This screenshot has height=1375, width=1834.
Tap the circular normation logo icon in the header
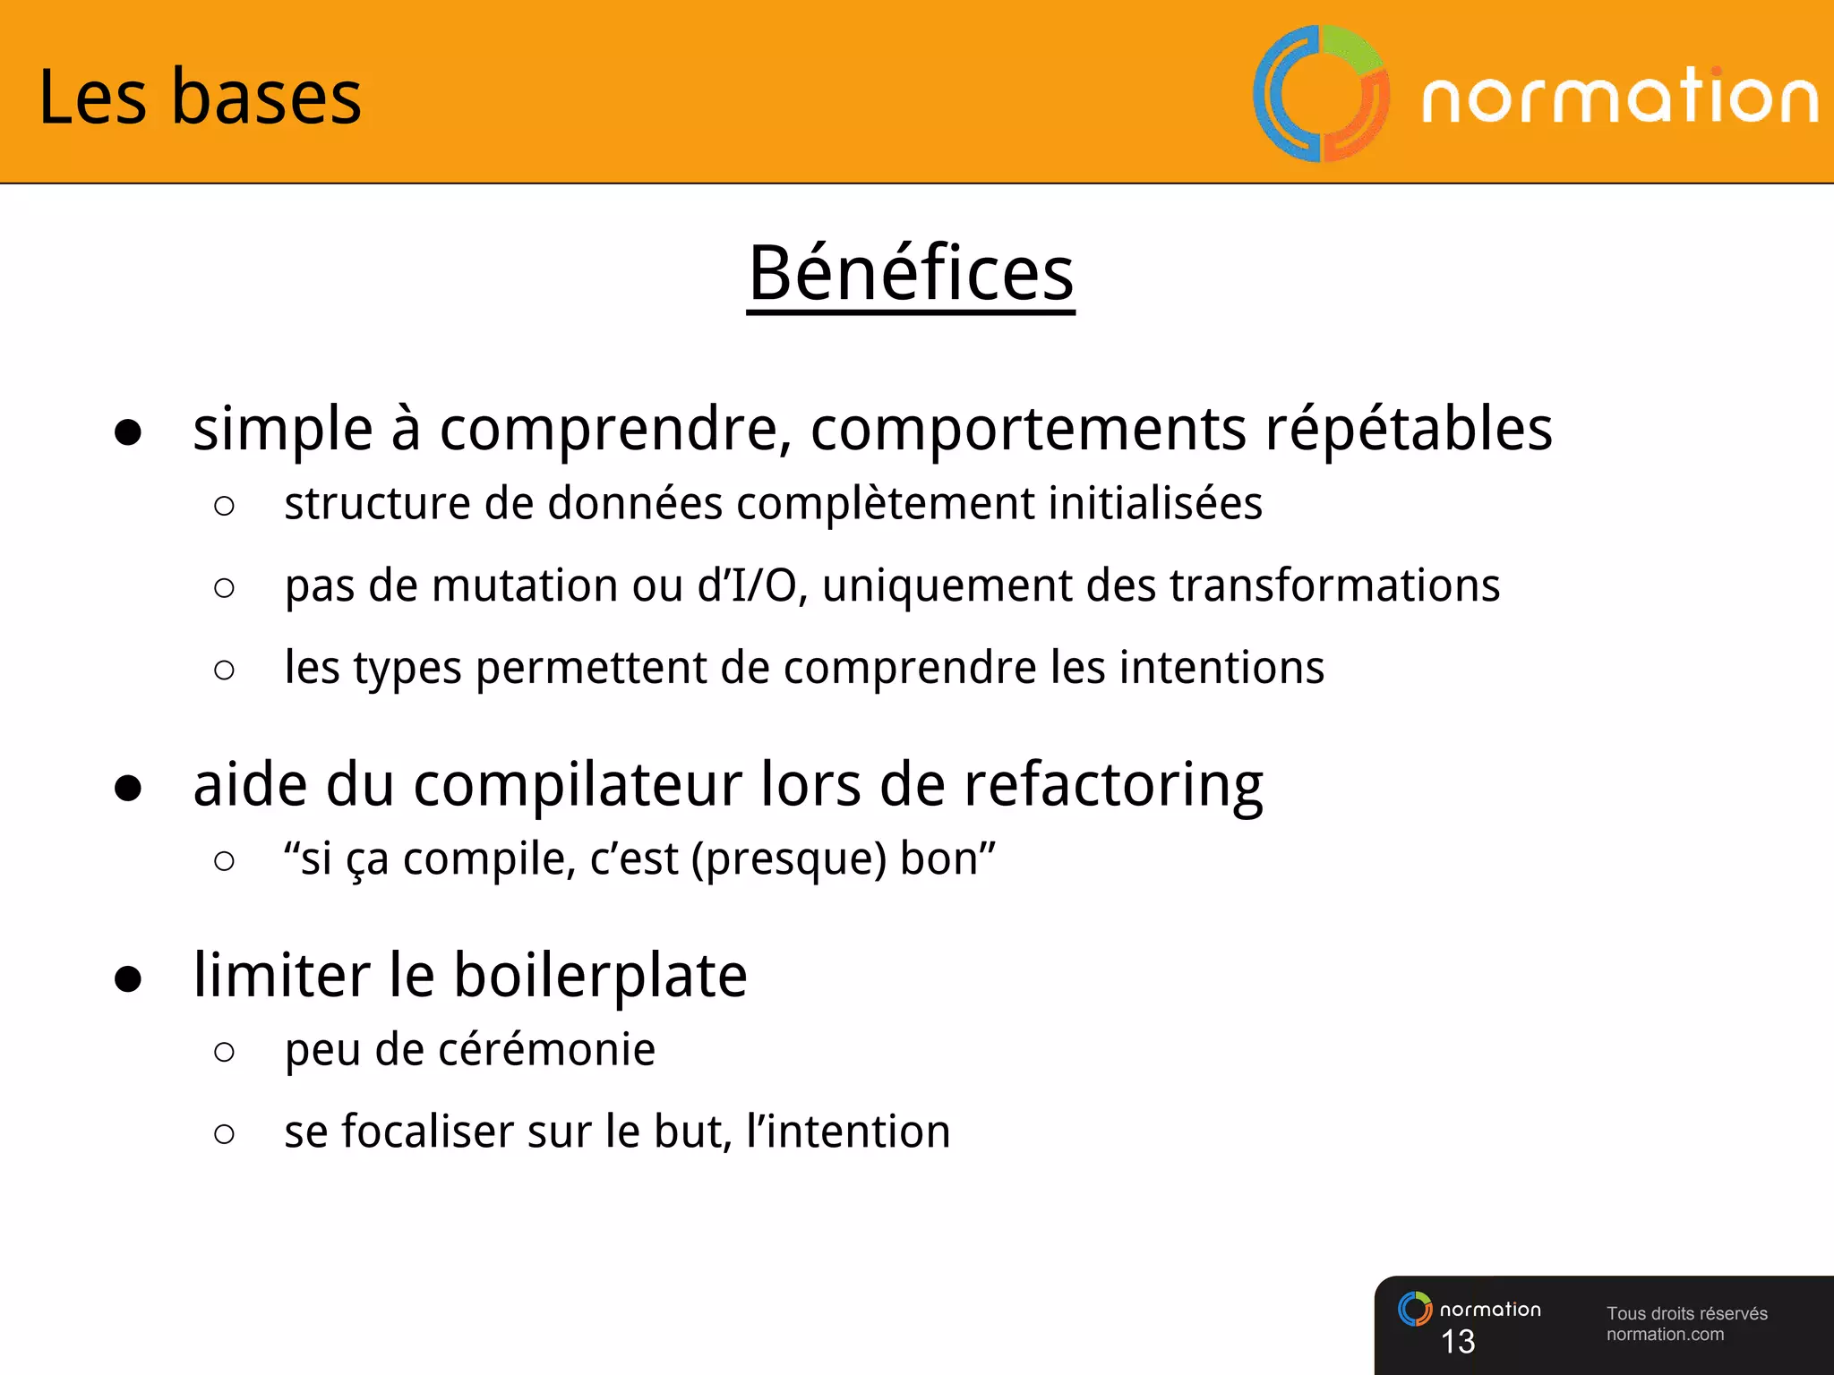(x=1321, y=93)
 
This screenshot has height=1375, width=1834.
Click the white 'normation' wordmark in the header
(x=1619, y=97)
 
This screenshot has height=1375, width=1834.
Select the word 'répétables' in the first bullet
(x=1408, y=430)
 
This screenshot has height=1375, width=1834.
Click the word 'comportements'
(x=1028, y=430)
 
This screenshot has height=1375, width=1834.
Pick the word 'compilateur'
(x=577, y=786)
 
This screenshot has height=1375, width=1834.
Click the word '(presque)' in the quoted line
(x=789, y=859)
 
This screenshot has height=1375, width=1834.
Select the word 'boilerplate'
(x=600, y=976)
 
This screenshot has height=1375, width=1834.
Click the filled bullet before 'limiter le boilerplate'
(x=128, y=979)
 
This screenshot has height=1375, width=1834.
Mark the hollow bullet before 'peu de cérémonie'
(x=225, y=1052)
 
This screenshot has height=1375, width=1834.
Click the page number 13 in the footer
(x=1457, y=1341)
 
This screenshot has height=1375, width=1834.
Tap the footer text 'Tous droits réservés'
(x=1686, y=1313)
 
